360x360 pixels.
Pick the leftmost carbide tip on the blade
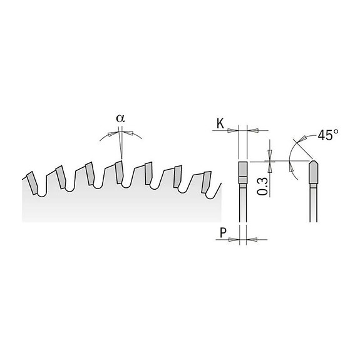click(x=29, y=178)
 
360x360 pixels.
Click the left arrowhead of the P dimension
click(x=236, y=239)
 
